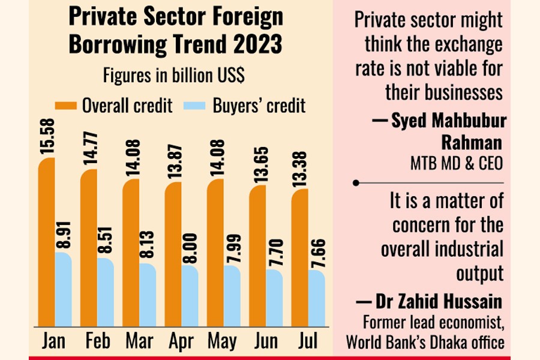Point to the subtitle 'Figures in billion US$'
[x=174, y=76]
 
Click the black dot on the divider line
[x=355, y=182]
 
